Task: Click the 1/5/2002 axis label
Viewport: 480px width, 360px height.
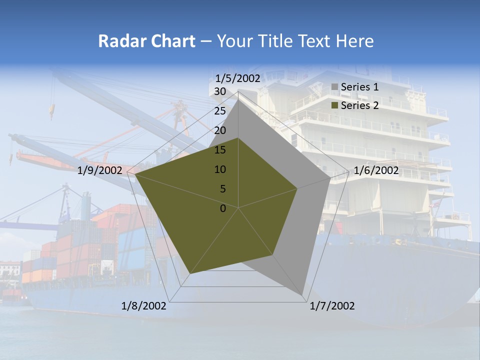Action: (x=238, y=78)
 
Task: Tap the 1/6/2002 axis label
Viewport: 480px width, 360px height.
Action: (x=376, y=170)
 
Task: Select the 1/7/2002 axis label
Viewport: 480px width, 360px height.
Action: (x=332, y=306)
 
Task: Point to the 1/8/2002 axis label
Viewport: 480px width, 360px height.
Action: (x=144, y=306)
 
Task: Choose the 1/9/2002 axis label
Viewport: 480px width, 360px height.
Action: (x=100, y=170)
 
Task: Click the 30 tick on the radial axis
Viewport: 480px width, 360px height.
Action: (x=220, y=91)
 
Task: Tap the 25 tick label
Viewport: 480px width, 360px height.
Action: (x=220, y=111)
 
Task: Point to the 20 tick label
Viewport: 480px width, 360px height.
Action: (x=220, y=130)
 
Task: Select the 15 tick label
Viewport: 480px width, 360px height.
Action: (x=220, y=150)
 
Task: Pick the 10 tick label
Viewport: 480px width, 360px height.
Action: (x=220, y=169)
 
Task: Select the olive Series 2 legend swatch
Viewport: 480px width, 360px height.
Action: (x=335, y=105)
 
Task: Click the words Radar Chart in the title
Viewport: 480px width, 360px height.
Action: (x=146, y=41)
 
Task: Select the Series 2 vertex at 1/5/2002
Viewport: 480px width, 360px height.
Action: (x=238, y=138)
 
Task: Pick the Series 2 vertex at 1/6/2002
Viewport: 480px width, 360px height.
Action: (x=297, y=188)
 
